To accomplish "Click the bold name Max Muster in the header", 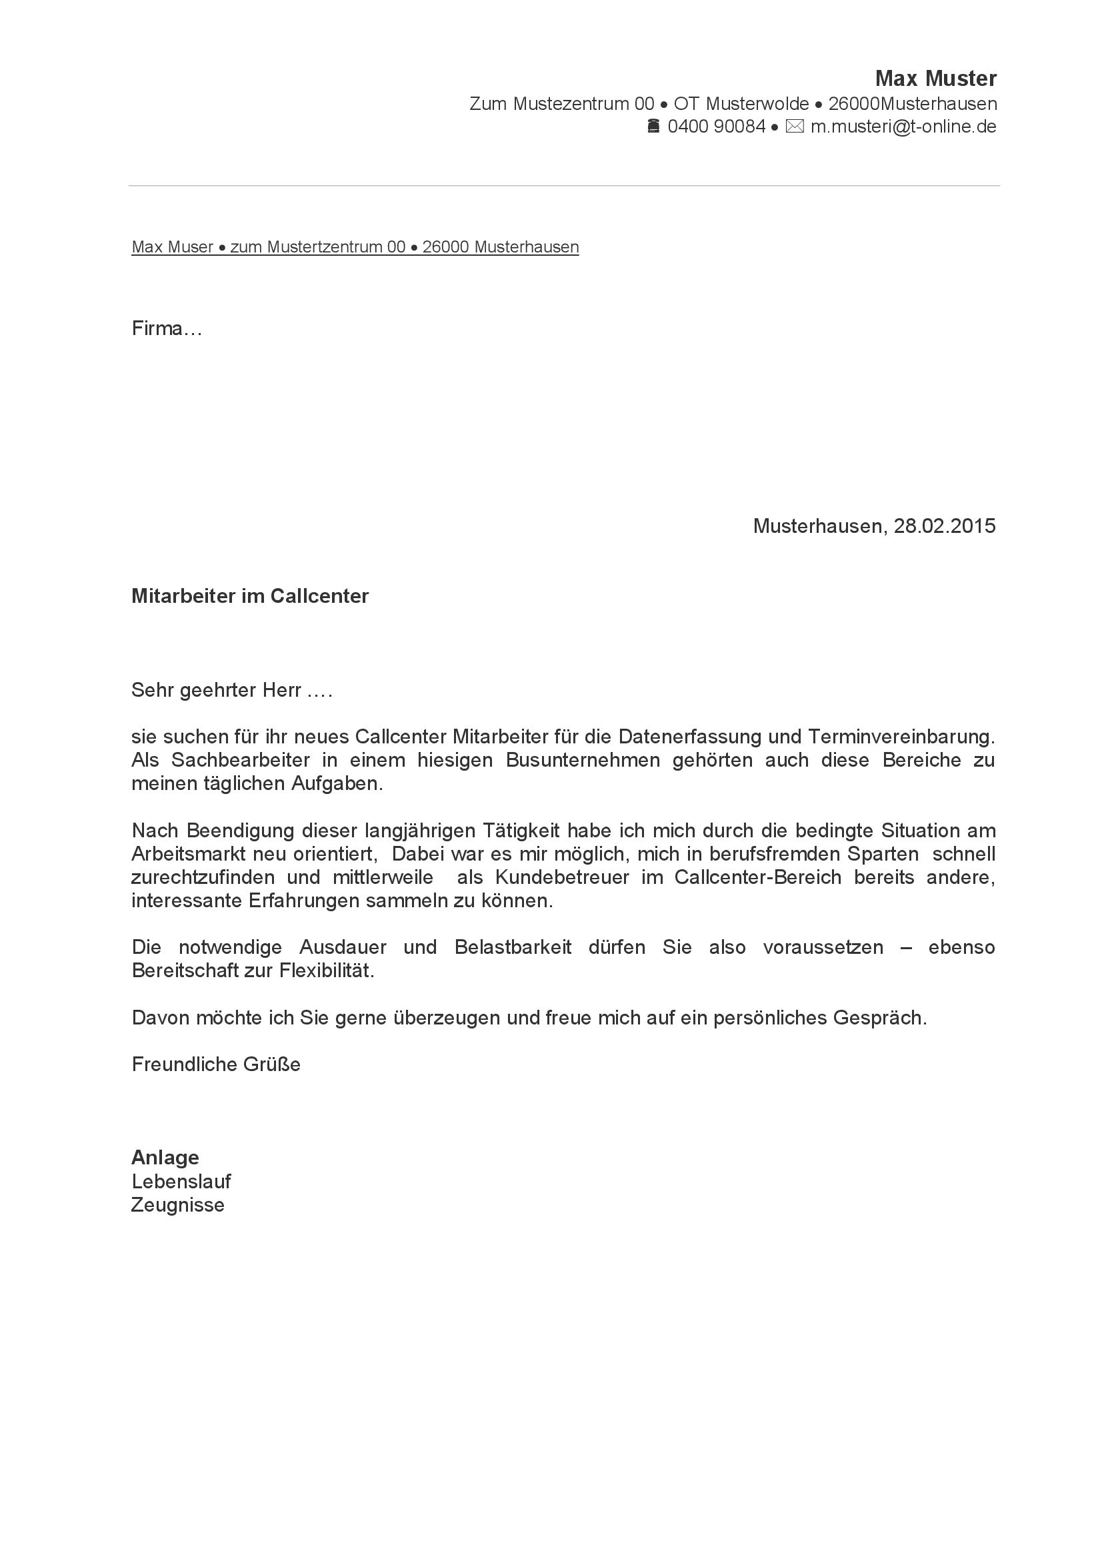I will click(x=935, y=79).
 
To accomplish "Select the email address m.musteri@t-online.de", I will click(x=903, y=127).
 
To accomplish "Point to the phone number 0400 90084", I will click(x=717, y=127).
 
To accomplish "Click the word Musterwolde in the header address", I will click(x=757, y=104).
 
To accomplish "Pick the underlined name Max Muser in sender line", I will click(x=173, y=247).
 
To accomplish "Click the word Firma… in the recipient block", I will click(x=167, y=329).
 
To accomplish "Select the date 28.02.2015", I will click(x=945, y=526).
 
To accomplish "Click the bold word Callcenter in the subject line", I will click(x=319, y=595).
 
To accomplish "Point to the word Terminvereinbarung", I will click(x=901, y=736).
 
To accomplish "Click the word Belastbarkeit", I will click(x=513, y=947).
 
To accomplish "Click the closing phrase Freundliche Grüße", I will click(x=216, y=1064).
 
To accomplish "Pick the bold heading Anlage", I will click(x=165, y=1157).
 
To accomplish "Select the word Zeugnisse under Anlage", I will click(x=178, y=1205).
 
